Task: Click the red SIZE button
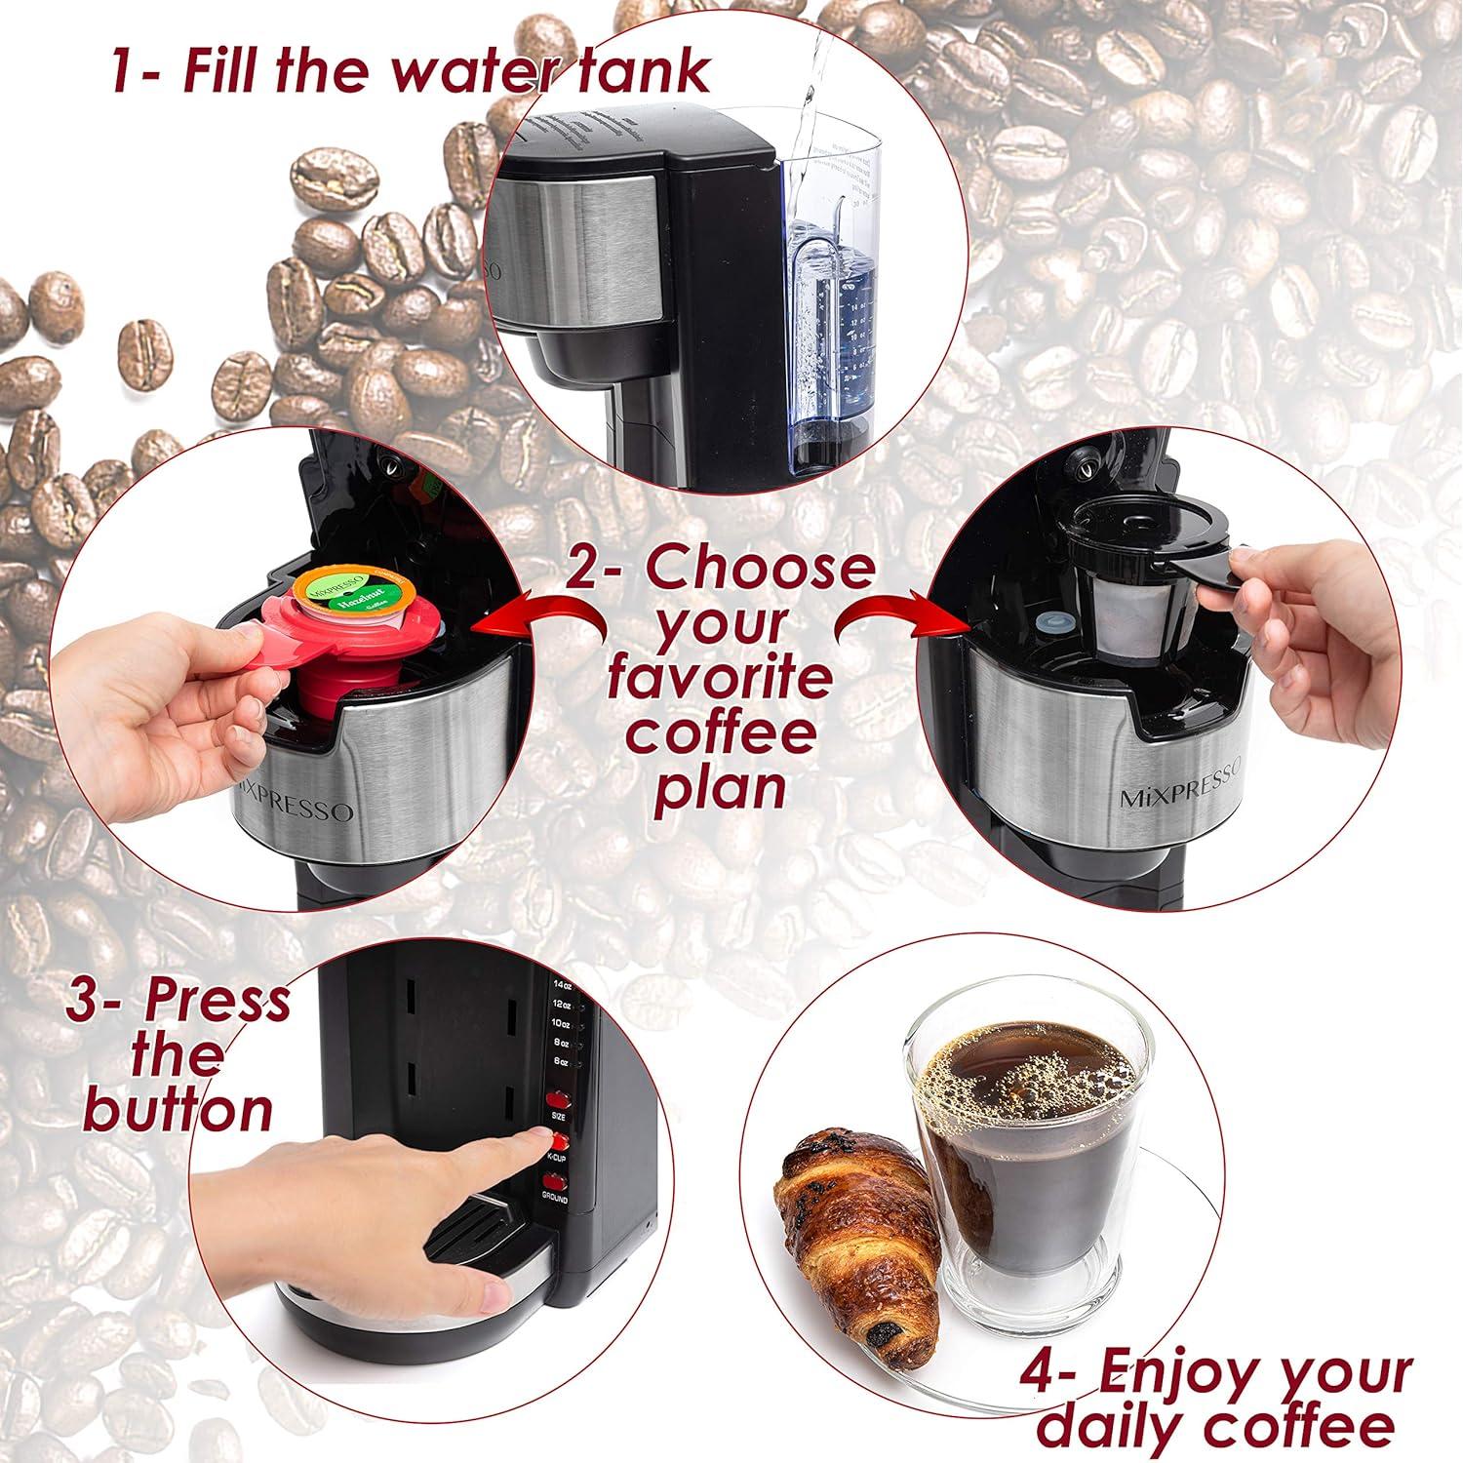(558, 1097)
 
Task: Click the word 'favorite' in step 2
(720, 678)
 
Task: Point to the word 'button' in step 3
(178, 1110)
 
